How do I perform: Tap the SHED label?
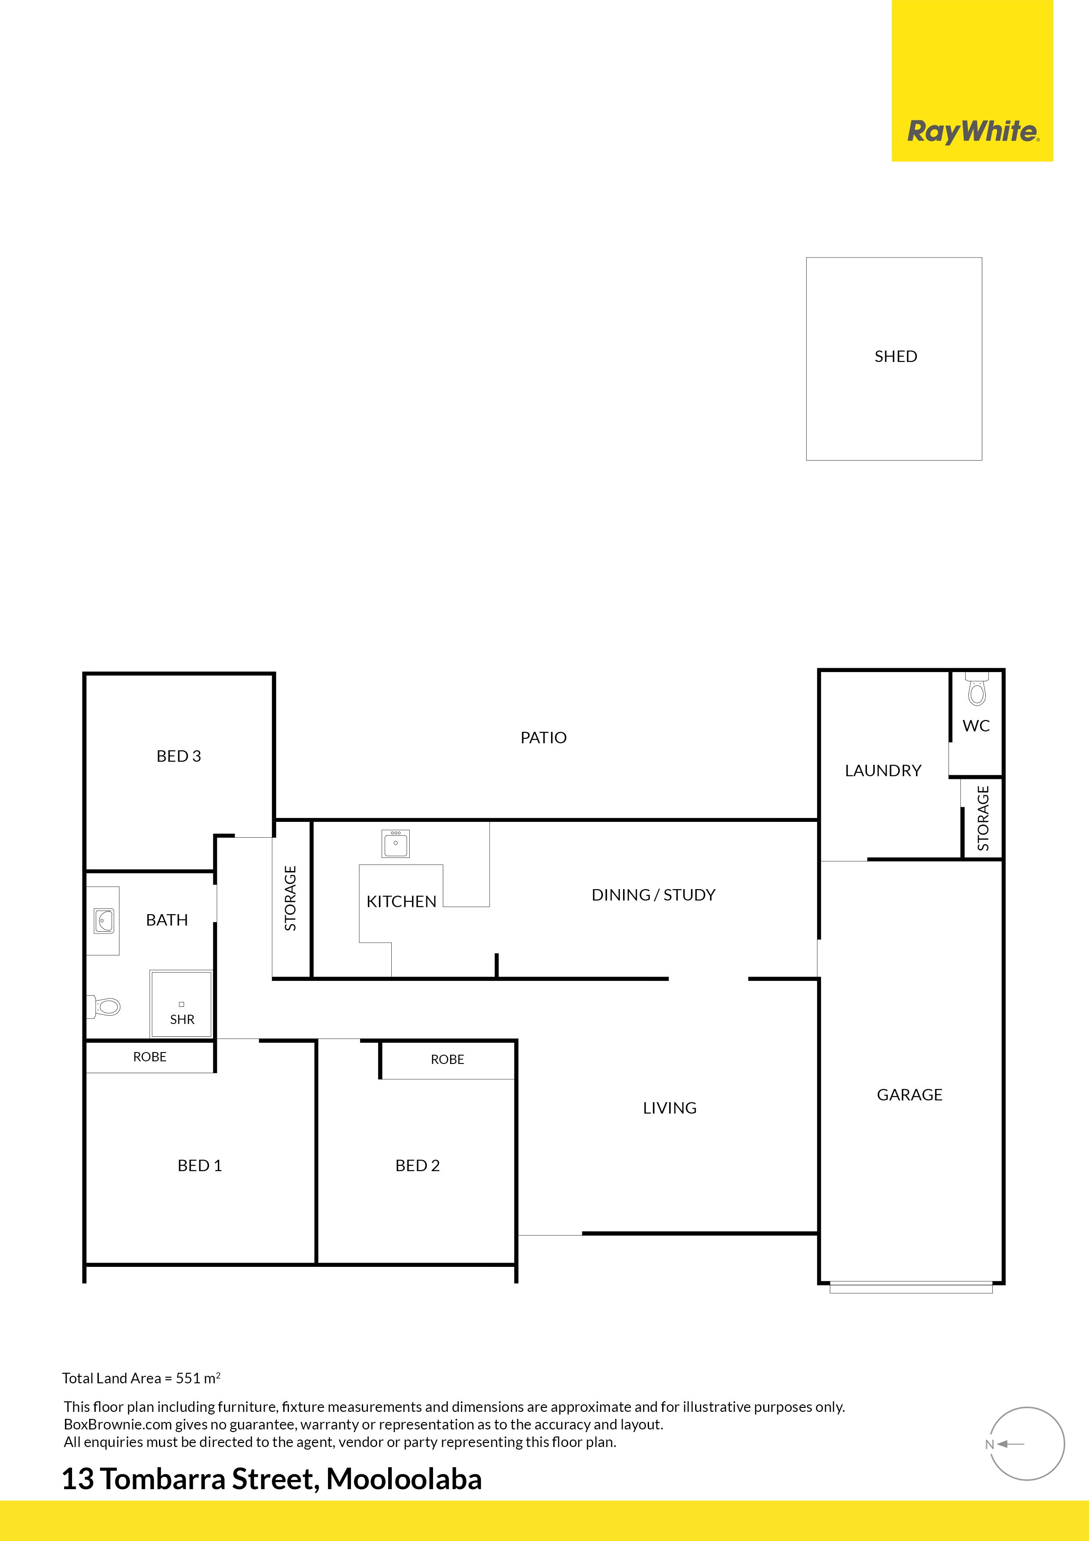pos(896,356)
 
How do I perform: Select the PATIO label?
pos(544,738)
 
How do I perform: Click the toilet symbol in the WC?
pos(977,689)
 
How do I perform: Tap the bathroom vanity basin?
pos(104,920)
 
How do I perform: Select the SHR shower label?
pos(182,1020)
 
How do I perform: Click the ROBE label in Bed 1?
pos(150,1057)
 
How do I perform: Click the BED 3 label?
pos(178,756)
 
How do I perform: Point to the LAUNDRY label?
pos(883,770)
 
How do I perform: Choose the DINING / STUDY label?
pos(653,895)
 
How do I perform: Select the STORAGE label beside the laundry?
pos(983,818)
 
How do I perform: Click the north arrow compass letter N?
pos(989,1444)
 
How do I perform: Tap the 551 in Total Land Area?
pos(188,1378)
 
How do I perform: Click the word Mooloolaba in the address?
pos(404,1479)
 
